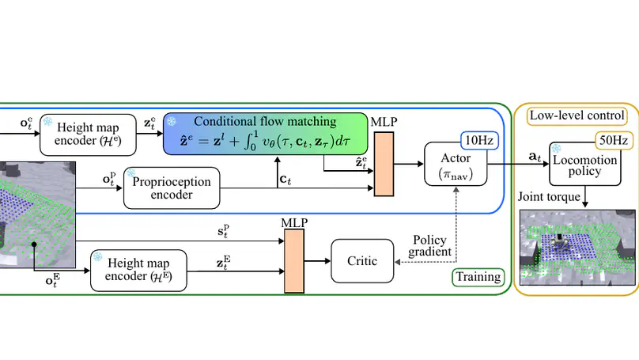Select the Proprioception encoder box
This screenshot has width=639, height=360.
coord(172,188)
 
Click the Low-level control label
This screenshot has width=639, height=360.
coord(577,116)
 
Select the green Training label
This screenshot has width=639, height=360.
coord(477,277)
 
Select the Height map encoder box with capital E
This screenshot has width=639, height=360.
coord(138,270)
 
